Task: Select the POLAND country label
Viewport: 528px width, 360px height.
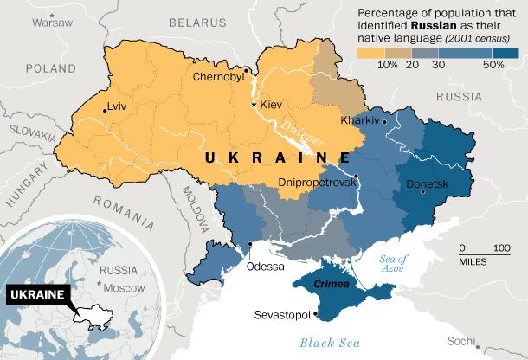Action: (51, 67)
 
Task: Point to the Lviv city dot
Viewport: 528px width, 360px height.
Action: (105, 110)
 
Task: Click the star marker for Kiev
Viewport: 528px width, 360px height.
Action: (254, 104)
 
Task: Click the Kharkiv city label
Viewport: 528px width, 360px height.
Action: (361, 120)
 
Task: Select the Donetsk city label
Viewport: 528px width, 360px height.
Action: (428, 183)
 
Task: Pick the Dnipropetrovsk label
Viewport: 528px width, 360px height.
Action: (318, 183)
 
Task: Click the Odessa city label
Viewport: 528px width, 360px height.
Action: (265, 266)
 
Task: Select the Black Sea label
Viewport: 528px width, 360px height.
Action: (328, 343)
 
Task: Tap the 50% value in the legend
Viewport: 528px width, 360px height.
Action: (493, 64)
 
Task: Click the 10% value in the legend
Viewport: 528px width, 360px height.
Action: (388, 64)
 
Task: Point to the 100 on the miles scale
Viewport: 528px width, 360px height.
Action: (501, 248)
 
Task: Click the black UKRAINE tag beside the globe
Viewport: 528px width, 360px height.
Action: (37, 295)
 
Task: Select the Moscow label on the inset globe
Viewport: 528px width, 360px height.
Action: (125, 286)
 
